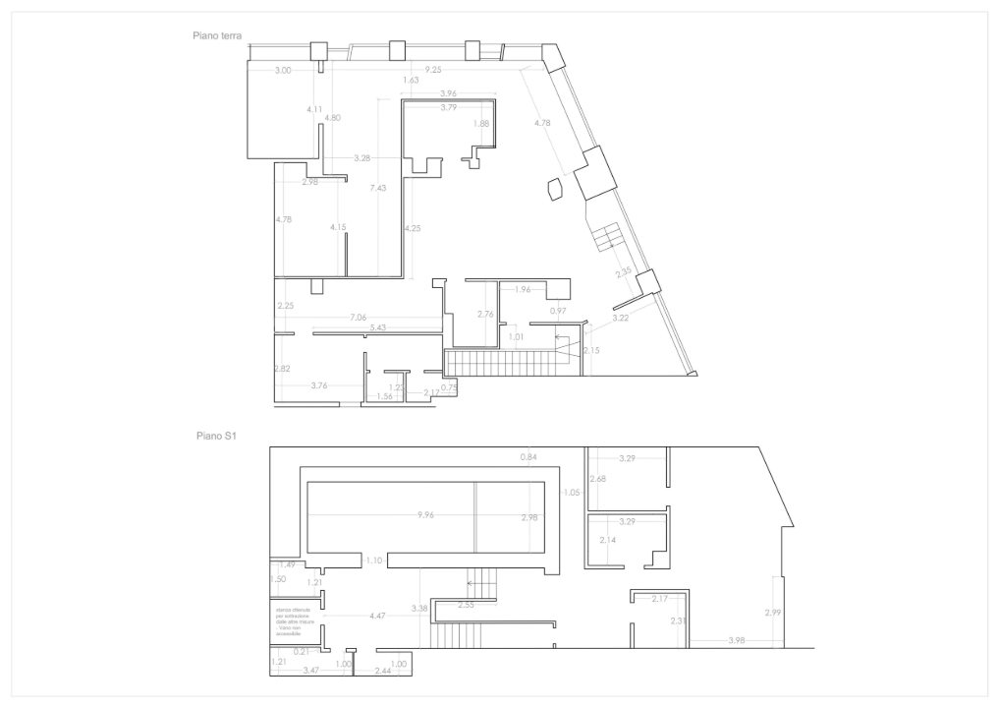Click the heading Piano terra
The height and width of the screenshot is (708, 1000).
point(218,34)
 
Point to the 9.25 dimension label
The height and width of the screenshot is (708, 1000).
point(433,70)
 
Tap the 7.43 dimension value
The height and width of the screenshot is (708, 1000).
point(378,188)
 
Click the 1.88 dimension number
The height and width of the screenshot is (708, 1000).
point(480,124)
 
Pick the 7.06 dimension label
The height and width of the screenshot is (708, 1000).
point(358,318)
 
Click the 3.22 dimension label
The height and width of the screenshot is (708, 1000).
point(620,319)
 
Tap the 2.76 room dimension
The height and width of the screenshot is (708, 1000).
point(484,315)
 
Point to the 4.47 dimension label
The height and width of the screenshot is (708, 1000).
point(376,616)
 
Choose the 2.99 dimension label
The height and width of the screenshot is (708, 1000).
point(773,614)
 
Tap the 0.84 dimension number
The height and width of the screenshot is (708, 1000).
point(528,457)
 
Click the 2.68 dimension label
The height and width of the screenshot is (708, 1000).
point(597,479)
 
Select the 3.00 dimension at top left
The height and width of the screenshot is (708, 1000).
point(283,71)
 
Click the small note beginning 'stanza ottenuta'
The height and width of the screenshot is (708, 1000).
point(293,622)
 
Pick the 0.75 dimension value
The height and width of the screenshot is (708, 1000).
point(449,387)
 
